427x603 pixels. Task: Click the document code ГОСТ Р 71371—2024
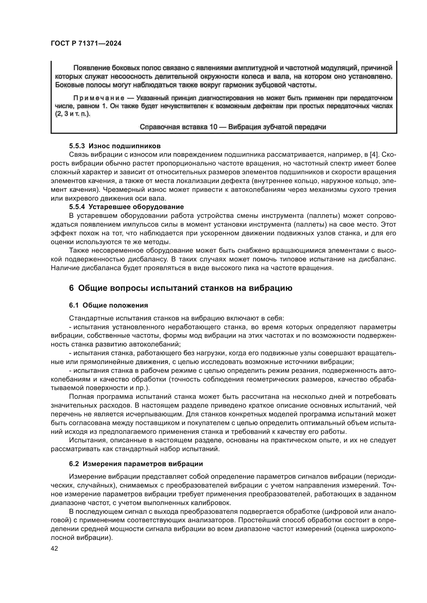click(x=86, y=44)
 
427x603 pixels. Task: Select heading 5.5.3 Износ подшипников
click(x=115, y=146)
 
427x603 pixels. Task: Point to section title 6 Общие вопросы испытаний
click(x=181, y=288)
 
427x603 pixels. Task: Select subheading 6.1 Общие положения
click(x=108, y=305)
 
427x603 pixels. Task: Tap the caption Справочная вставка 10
click(x=233, y=127)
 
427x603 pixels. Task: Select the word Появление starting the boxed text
click(x=91, y=68)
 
